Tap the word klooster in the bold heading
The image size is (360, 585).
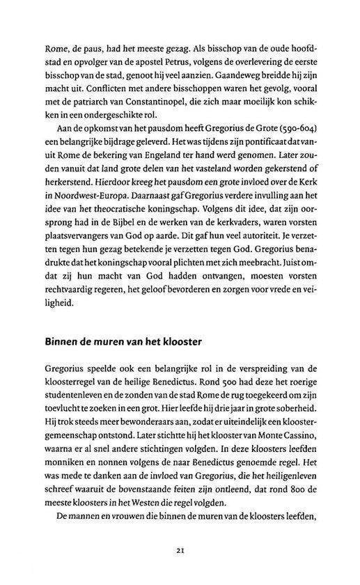181,343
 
